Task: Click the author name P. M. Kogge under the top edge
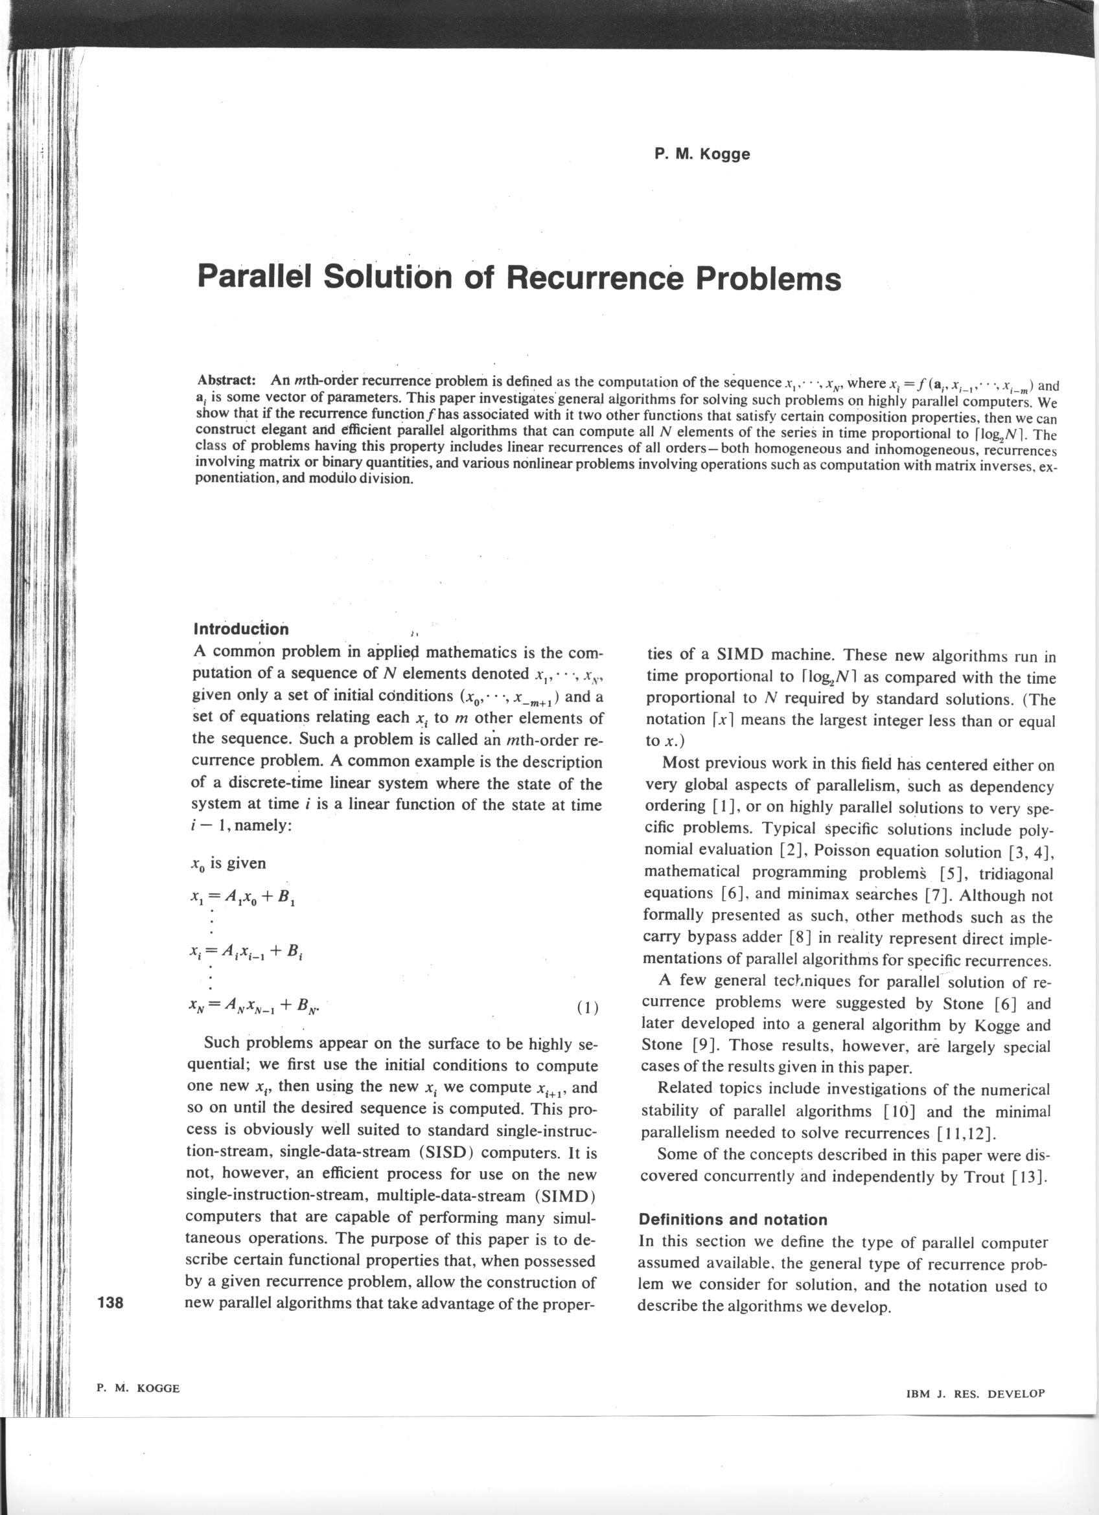(x=702, y=154)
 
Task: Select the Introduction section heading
(x=240, y=629)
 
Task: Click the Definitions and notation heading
(x=733, y=1220)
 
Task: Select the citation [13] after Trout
(x=1029, y=1177)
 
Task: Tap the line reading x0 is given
(x=229, y=863)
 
